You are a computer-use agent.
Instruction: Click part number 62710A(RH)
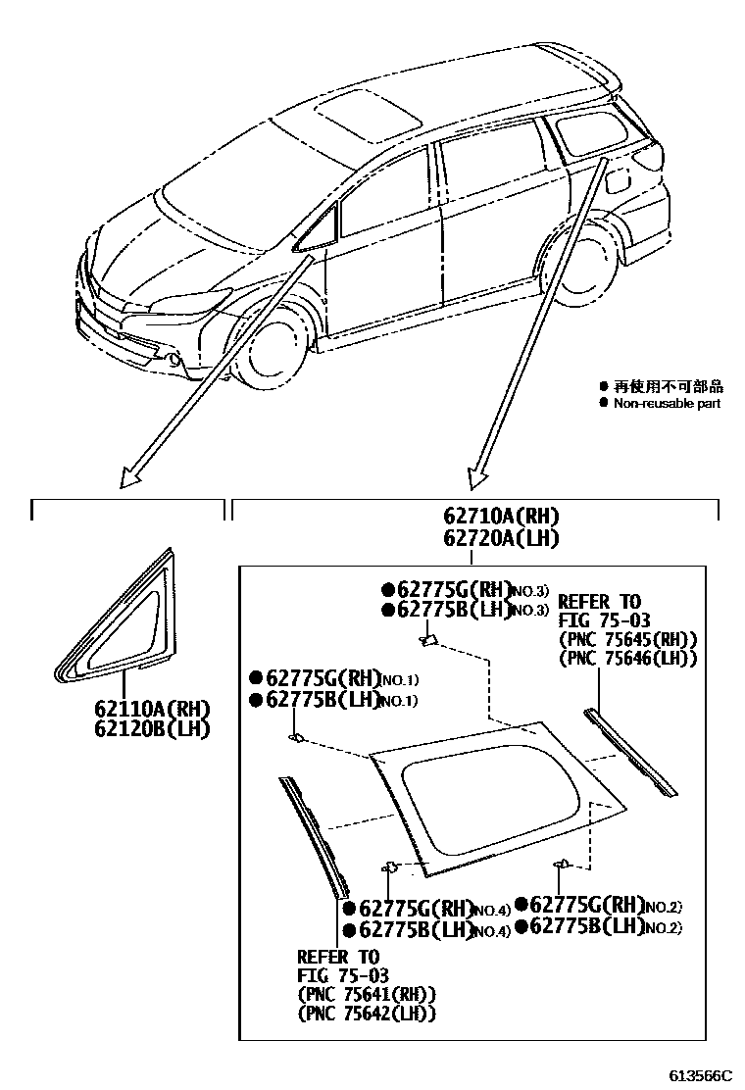pyautogui.click(x=500, y=517)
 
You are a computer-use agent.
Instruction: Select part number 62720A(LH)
pyautogui.click(x=500, y=537)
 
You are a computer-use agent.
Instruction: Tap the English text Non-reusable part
pyautogui.click(x=667, y=404)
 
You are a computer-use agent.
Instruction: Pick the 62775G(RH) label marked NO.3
pyautogui.click(x=448, y=590)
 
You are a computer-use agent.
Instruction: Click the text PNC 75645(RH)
pyautogui.click(x=627, y=640)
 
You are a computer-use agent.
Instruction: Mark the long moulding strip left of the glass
pyautogui.click(x=313, y=833)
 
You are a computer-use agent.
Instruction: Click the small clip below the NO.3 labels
pyautogui.click(x=427, y=641)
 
